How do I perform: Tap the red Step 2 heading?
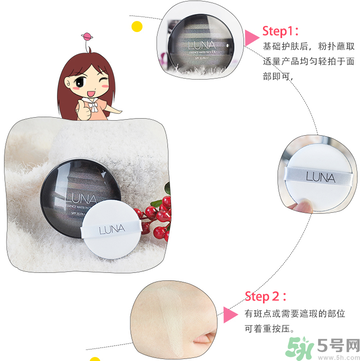click(x=271, y=270)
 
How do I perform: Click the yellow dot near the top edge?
click(x=165, y=7)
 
